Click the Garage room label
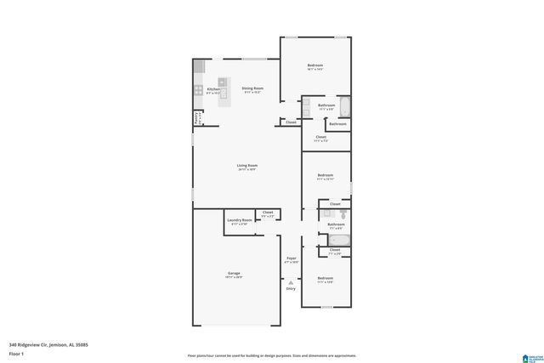click(x=234, y=274)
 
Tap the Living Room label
click(x=247, y=166)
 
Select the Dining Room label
click(x=252, y=88)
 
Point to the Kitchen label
click(x=213, y=88)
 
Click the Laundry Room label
click(x=240, y=220)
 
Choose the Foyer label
click(x=291, y=258)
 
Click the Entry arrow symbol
click(x=291, y=282)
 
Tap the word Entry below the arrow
click(x=291, y=289)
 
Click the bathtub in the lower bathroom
click(x=334, y=240)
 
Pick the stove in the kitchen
click(x=199, y=89)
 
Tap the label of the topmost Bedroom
click(x=315, y=65)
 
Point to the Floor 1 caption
click(x=17, y=354)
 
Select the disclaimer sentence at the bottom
click(x=272, y=355)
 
